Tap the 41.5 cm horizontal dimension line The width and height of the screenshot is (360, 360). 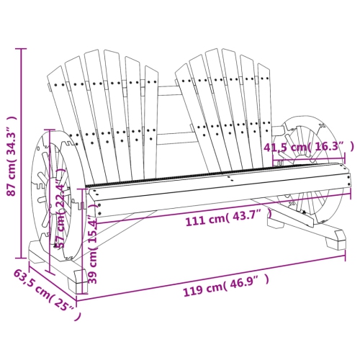click(310, 155)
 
